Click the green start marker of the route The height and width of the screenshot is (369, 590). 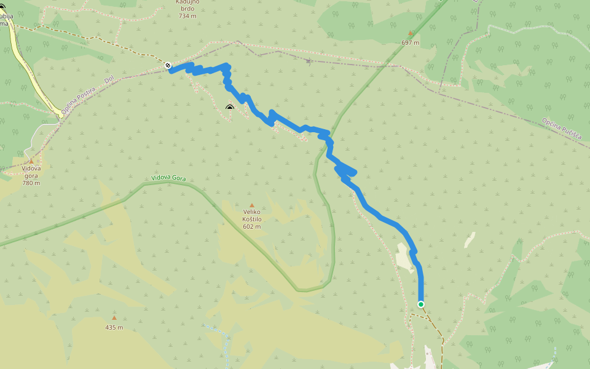point(421,304)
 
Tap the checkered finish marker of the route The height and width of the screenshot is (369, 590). point(168,65)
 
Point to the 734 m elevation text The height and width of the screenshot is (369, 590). point(187,16)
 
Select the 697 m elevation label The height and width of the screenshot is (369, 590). point(410,42)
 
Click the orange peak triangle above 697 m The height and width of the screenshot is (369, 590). point(411,33)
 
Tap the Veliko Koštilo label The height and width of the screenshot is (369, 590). point(252,215)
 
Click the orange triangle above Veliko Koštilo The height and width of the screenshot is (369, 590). point(251,205)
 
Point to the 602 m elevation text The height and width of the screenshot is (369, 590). point(252,226)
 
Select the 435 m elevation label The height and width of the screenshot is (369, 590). point(114,327)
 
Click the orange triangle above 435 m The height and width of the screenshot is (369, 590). point(114,318)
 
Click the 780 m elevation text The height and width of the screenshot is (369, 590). point(31,183)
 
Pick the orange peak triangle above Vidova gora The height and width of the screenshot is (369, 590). point(31,161)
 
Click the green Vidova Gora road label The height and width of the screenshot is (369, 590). point(168,179)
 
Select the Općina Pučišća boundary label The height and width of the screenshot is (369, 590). point(562,128)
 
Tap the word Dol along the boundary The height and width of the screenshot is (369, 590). point(109,80)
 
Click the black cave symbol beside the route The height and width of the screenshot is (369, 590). point(230,109)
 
